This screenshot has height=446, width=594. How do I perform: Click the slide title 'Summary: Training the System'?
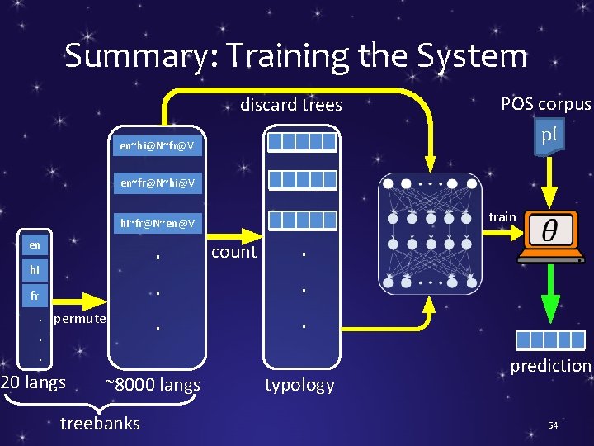pyautogui.click(x=295, y=56)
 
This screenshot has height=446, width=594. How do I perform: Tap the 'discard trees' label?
pyautogui.click(x=290, y=105)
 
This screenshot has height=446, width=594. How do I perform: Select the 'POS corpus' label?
pyautogui.click(x=545, y=104)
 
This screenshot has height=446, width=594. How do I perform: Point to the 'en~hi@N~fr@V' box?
pyautogui.click(x=157, y=146)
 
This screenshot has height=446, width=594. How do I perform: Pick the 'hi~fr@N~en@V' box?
pyautogui.click(x=157, y=222)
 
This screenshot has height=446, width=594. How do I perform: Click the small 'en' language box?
pyautogui.click(x=35, y=245)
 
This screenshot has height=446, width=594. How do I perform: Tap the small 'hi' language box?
pyautogui.click(x=35, y=270)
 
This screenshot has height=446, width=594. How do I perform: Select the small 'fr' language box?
pyautogui.click(x=35, y=295)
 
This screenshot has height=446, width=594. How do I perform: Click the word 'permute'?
pyautogui.click(x=79, y=319)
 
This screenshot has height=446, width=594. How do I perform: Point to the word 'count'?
pyautogui.click(x=233, y=253)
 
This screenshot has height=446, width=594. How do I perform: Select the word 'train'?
pyautogui.click(x=502, y=217)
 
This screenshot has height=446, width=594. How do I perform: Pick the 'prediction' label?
pyautogui.click(x=550, y=366)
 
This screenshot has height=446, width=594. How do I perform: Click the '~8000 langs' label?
pyautogui.click(x=153, y=385)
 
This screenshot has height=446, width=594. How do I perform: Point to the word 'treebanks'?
pyautogui.click(x=101, y=424)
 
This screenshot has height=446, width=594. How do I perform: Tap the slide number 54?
pyautogui.click(x=553, y=425)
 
